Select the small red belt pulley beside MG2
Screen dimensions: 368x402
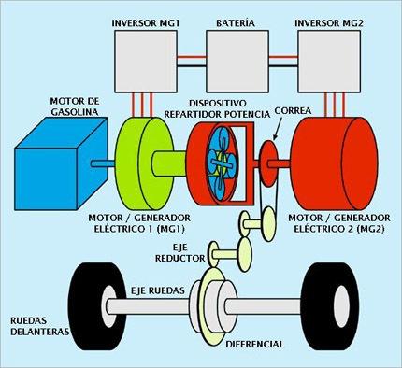[x=269, y=155]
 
